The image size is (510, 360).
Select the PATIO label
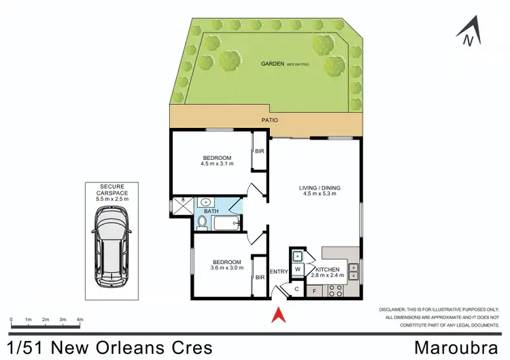tap(270, 120)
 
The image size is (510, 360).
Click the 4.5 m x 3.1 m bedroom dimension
tap(217, 164)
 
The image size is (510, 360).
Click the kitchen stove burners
tap(335, 291)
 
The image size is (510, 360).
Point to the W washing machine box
tap(297, 270)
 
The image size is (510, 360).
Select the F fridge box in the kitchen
tap(313, 291)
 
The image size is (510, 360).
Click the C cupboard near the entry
tap(297, 289)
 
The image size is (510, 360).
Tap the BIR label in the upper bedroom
tap(259, 151)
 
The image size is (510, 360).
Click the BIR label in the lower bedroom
tap(259, 277)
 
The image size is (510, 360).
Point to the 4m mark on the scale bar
tap(80, 319)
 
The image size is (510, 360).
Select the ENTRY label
tap(279, 272)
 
